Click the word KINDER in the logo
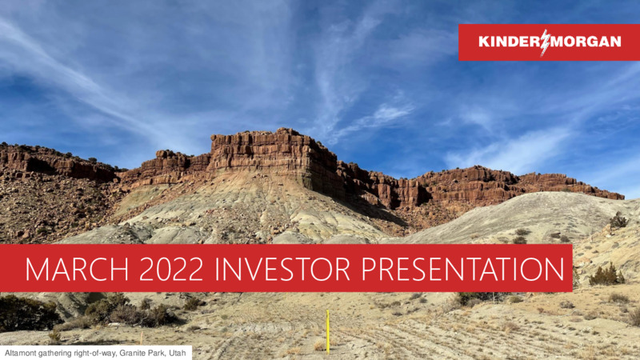pyautogui.click(x=510, y=42)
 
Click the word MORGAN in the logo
pyautogui.click(x=586, y=42)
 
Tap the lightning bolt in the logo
pyautogui.click(x=546, y=42)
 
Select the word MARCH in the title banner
pyautogui.click(x=77, y=269)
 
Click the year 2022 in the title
pyautogui.click(x=171, y=269)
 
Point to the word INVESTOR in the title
pyautogui.click(x=282, y=269)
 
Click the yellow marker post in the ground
pyautogui.click(x=327, y=331)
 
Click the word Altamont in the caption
pyautogui.click(x=18, y=353)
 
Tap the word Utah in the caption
pyautogui.click(x=178, y=353)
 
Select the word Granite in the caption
pyautogui.click(x=130, y=353)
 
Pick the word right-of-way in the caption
pyautogui.click(x=89, y=354)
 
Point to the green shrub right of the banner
pyautogui.click(x=606, y=275)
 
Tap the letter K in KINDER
pyautogui.click(x=484, y=42)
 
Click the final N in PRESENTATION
pyautogui.click(x=554, y=269)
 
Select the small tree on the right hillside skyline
pyautogui.click(x=618, y=221)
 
